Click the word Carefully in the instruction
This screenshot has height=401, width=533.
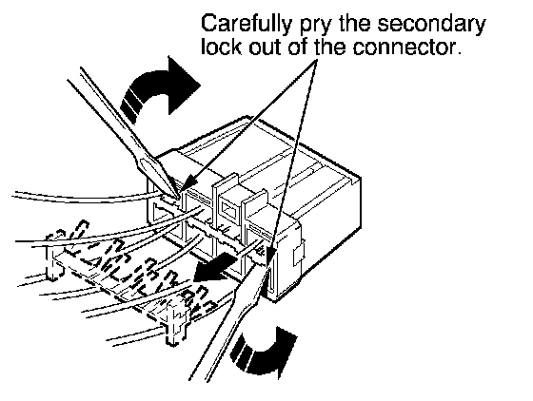point(246,25)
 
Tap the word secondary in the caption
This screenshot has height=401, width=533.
point(432,25)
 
